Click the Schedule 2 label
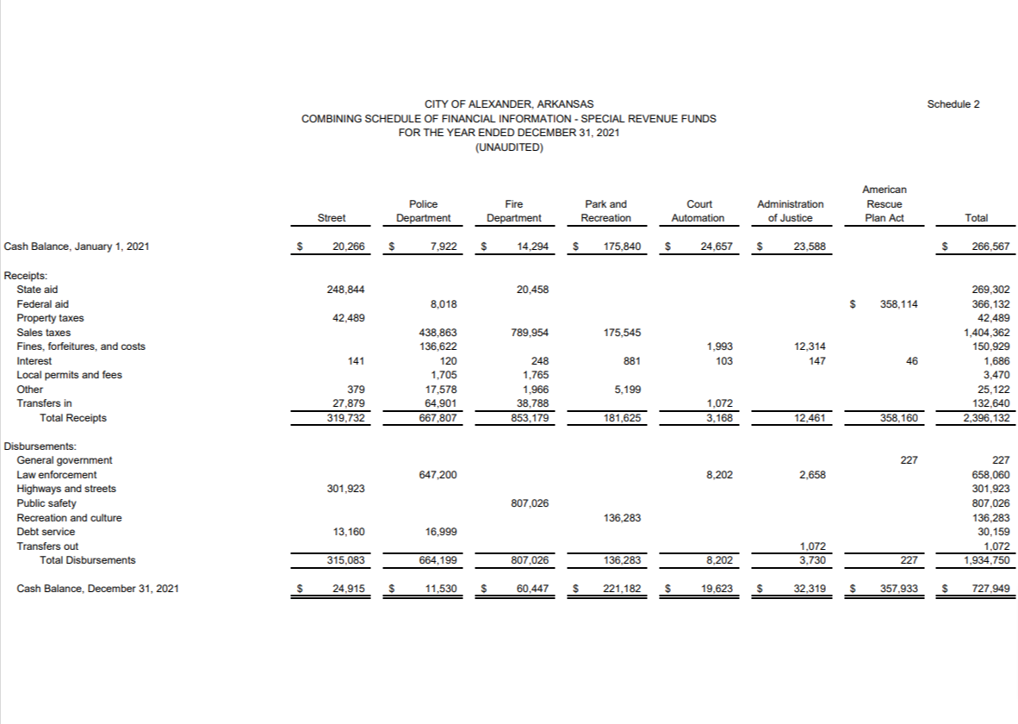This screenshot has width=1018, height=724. (x=953, y=104)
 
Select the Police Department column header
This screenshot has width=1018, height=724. (x=423, y=211)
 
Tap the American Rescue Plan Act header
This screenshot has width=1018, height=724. (x=885, y=203)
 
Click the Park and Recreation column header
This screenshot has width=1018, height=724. (x=606, y=211)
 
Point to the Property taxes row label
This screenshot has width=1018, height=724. (x=50, y=318)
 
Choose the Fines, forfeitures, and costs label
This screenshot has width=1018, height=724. (x=81, y=346)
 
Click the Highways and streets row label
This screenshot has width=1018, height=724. (x=66, y=489)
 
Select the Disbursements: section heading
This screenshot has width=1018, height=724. (x=40, y=446)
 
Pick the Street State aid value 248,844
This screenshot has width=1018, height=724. (x=346, y=290)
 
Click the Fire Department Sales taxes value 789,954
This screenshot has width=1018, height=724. (x=531, y=333)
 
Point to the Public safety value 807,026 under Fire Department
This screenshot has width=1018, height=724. (x=531, y=503)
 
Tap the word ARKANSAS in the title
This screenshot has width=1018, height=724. (x=563, y=104)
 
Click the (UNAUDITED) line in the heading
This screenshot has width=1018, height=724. (x=509, y=147)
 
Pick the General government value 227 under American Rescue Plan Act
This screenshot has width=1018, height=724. (x=909, y=460)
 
